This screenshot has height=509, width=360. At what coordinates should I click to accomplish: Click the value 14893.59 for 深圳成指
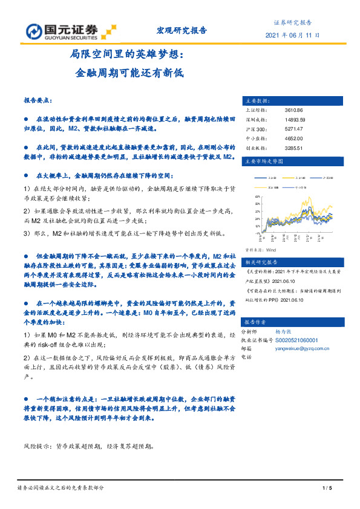pos(295,120)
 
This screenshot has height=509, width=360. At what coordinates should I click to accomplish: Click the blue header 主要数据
pos(255,100)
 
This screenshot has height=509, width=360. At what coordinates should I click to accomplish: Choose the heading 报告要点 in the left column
pos(38,99)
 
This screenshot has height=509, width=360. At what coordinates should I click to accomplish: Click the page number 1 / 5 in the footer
pos(329,487)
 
